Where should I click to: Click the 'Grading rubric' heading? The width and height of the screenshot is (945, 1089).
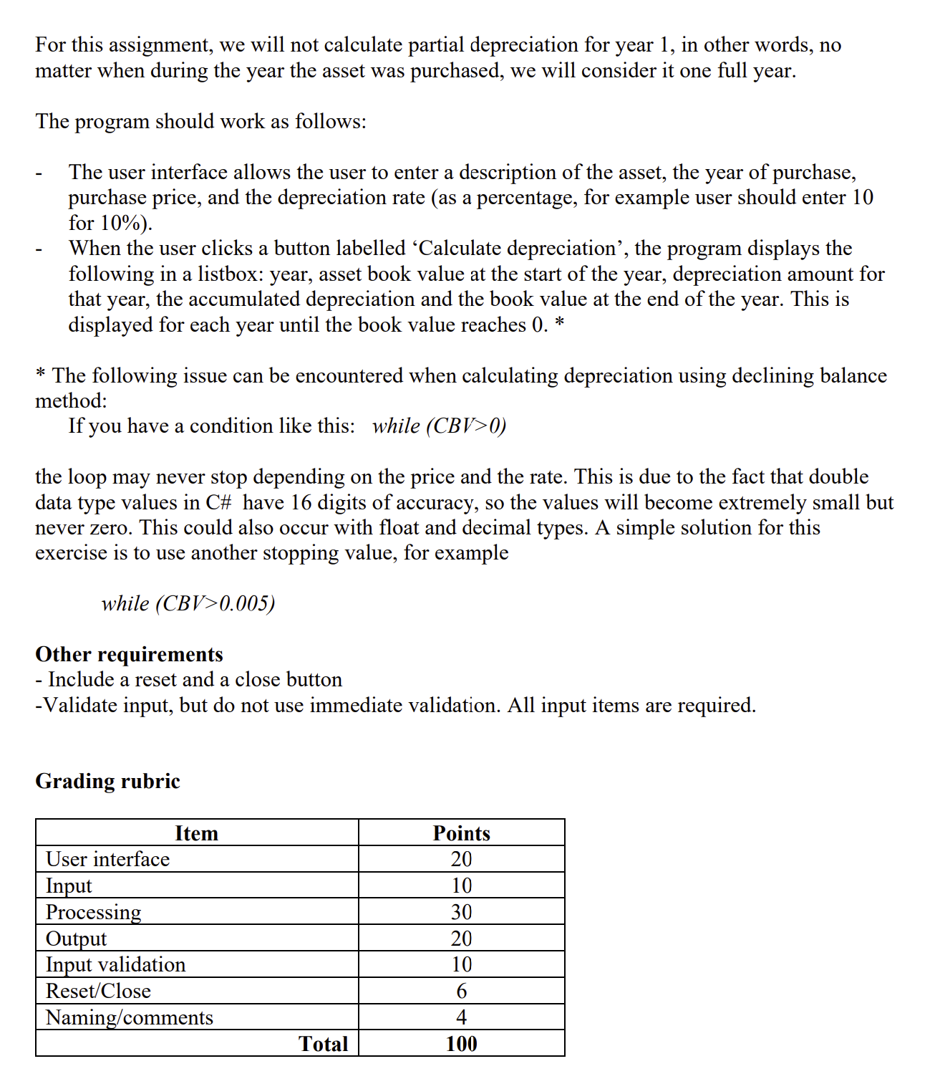107,780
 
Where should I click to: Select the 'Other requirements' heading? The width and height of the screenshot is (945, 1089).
129,653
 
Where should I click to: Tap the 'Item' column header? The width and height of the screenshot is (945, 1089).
196,833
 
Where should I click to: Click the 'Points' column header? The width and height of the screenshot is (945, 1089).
461,833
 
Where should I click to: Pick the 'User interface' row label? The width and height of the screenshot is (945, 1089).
107,859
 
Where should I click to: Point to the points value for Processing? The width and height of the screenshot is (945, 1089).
461,912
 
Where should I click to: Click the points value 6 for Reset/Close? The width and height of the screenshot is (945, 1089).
461,991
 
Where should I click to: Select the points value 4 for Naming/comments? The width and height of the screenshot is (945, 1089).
461,1017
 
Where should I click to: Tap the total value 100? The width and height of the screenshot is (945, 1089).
461,1044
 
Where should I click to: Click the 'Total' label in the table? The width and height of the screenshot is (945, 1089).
324,1044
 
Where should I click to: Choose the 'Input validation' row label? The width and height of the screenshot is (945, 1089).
115,964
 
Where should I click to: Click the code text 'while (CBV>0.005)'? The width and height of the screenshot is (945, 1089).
188,603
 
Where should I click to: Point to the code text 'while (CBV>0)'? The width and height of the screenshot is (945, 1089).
439,426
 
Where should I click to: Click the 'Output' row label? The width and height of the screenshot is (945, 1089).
76,939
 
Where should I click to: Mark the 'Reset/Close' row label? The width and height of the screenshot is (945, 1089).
98,991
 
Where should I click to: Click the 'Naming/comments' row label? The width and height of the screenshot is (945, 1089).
129,1017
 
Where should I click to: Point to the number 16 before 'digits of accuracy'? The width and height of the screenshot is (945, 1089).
301,502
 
